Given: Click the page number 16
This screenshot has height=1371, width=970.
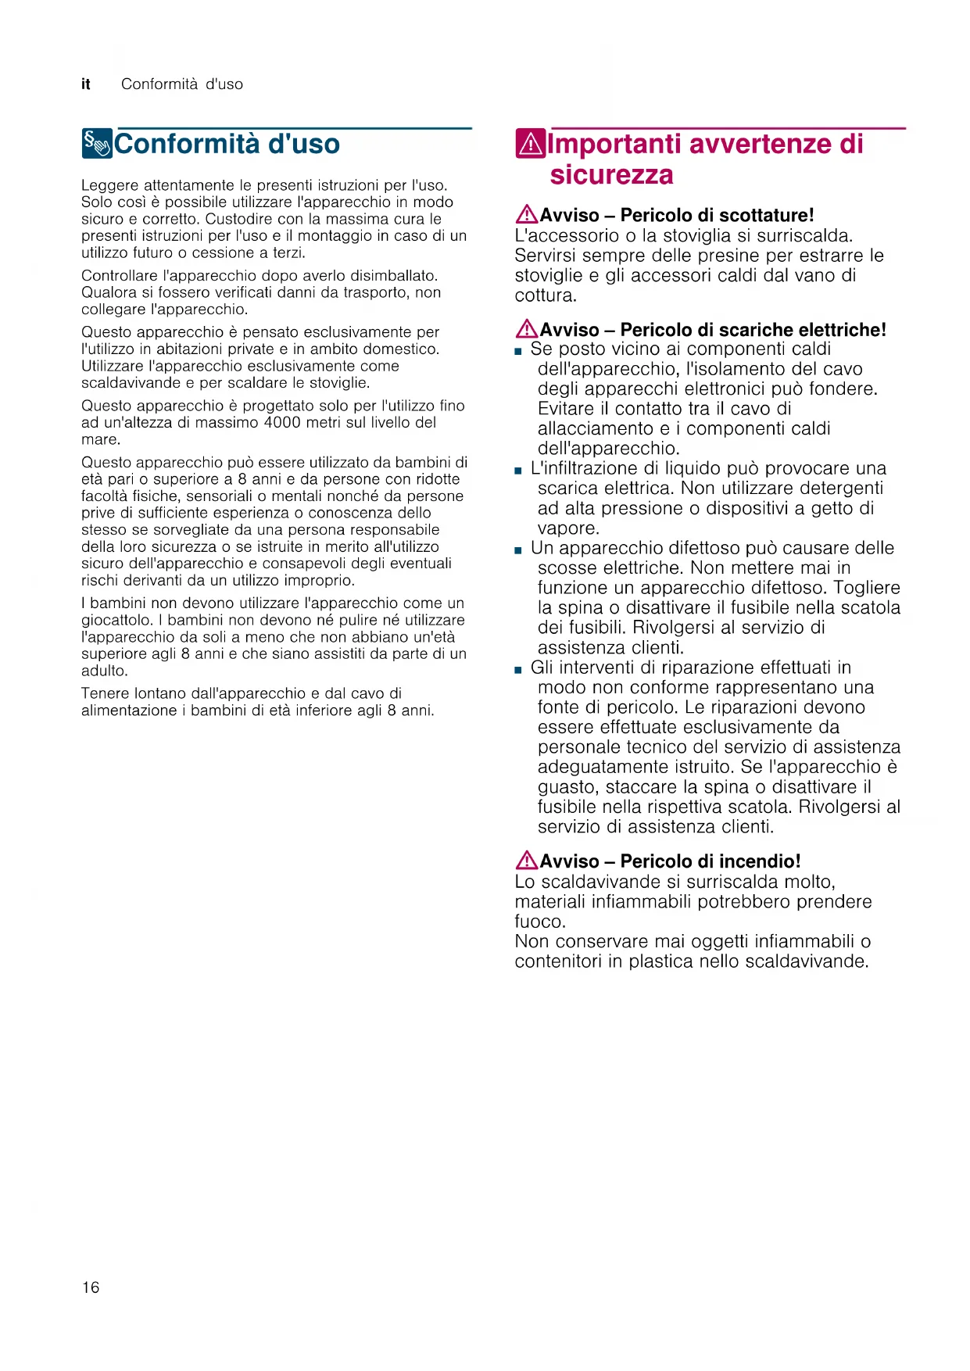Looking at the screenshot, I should [91, 1287].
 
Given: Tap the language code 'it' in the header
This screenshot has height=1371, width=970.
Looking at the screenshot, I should [86, 84].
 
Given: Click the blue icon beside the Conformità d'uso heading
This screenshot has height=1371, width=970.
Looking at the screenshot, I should [97, 144].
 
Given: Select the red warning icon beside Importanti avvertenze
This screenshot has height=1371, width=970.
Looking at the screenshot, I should [530, 144].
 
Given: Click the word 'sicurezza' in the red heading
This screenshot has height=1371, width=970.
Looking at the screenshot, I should [611, 174].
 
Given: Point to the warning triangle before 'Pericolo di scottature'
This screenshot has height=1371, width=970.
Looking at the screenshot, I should [526, 214].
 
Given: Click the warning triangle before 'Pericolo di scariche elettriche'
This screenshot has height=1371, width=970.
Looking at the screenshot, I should [526, 329].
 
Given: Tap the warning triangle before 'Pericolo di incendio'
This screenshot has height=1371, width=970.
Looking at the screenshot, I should [526, 861].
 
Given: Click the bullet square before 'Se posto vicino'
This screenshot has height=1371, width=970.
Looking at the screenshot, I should [518, 352].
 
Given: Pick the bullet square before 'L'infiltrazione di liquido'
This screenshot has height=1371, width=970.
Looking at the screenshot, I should [518, 471].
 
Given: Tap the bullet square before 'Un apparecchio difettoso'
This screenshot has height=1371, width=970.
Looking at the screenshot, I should [518, 550].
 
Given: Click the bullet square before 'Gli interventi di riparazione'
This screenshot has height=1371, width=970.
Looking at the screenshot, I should [518, 670].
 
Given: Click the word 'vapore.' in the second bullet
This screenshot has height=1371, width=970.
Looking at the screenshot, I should [568, 528].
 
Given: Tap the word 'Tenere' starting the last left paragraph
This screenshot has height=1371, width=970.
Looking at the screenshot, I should [105, 693].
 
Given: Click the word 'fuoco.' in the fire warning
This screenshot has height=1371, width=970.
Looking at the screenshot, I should [540, 922].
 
